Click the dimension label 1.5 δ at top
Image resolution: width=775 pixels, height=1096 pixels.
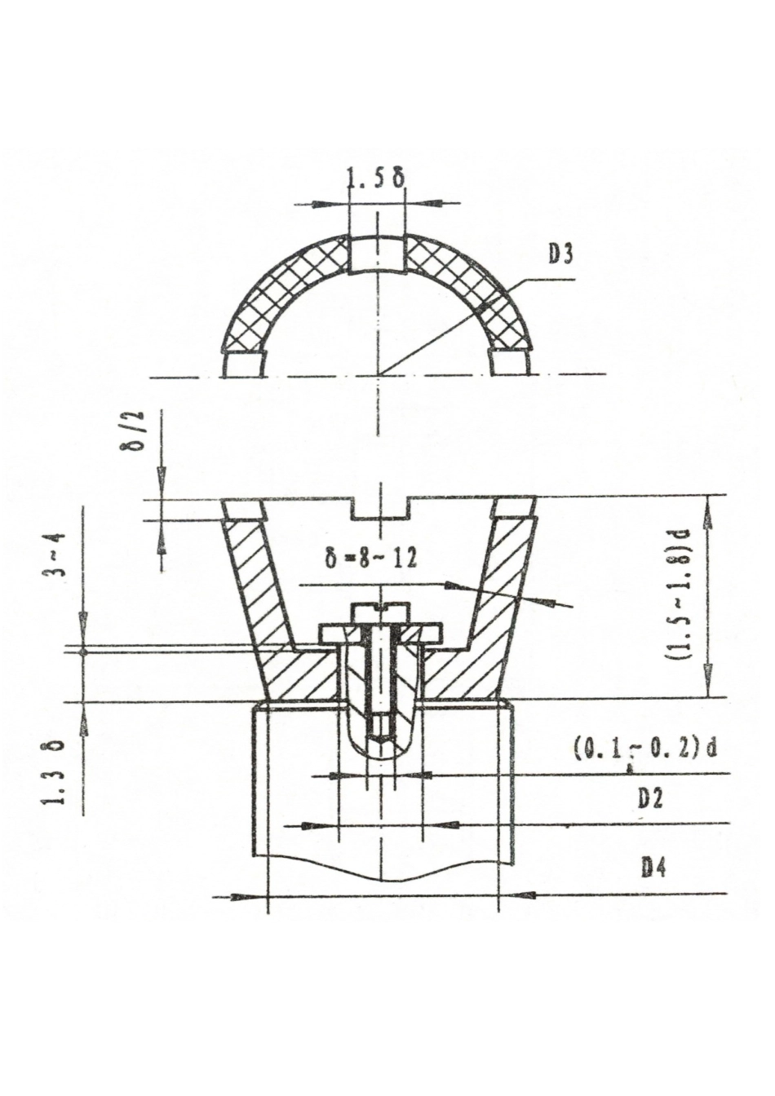pos(376,180)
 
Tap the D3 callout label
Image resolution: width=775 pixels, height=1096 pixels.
pos(560,256)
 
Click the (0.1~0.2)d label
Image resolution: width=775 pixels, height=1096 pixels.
pos(643,750)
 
